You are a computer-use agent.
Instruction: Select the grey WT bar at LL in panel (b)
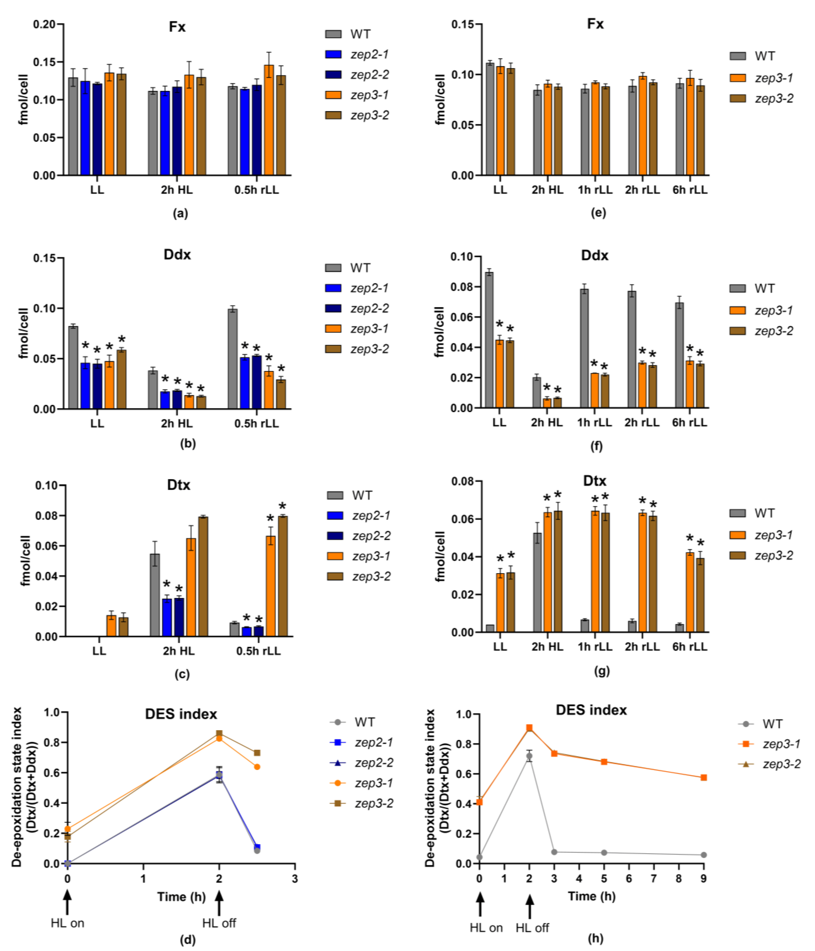(x=73, y=367)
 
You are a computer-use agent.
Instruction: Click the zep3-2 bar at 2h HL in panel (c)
(x=202, y=576)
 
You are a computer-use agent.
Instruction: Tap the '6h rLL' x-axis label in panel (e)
(x=690, y=190)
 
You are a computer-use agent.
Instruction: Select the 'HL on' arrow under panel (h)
(x=480, y=905)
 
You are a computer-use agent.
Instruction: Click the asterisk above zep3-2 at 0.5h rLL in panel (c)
(x=282, y=506)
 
